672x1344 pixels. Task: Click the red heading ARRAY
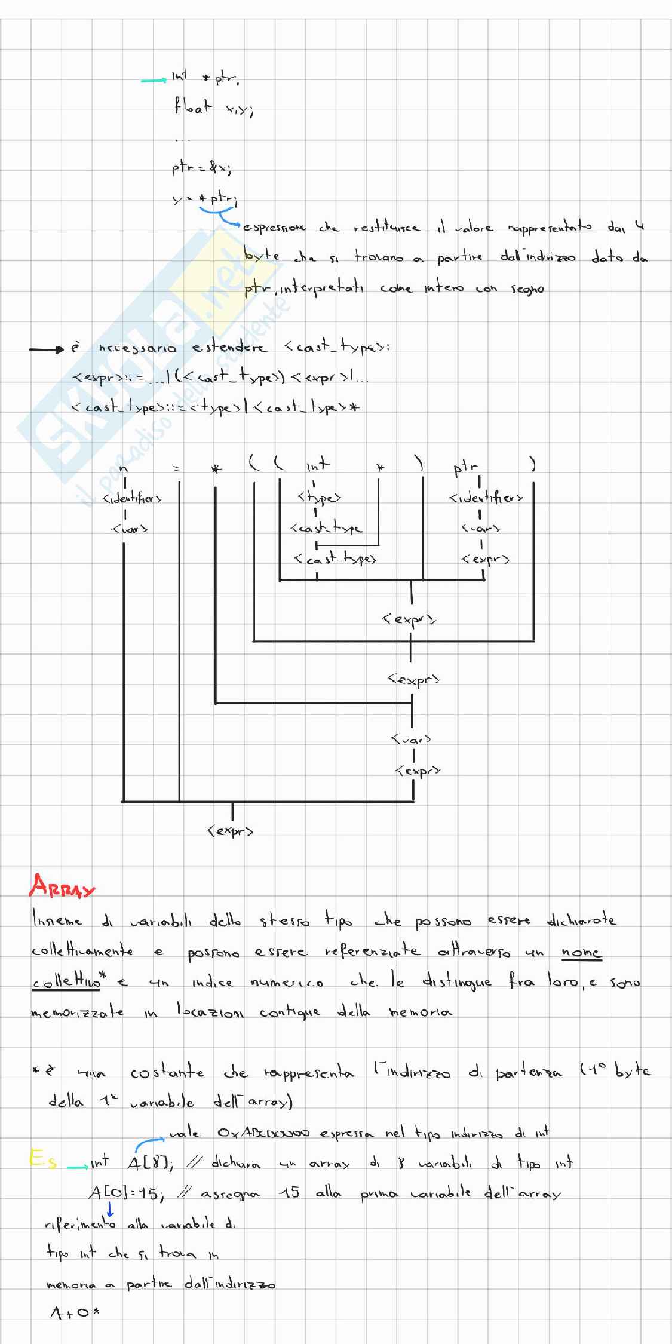tap(62, 886)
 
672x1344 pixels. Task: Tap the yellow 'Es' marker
tap(43, 1161)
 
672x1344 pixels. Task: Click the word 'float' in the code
tap(192, 108)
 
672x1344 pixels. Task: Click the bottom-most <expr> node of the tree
tap(231, 831)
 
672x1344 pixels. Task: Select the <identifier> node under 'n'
tap(131, 498)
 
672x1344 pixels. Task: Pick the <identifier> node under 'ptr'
tap(486, 498)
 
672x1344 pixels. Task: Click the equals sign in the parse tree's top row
tap(176, 468)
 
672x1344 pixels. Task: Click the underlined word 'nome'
tap(581, 952)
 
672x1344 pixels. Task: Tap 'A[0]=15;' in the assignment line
tap(126, 1193)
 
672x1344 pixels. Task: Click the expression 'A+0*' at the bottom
tap(74, 1313)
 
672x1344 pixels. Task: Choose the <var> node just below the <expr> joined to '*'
tap(411, 739)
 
